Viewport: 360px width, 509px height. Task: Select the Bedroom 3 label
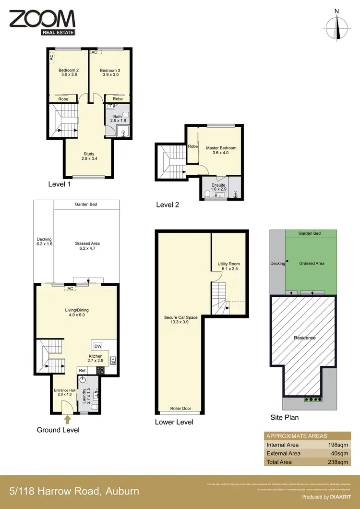point(110,73)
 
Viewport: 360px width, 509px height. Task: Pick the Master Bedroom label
point(221,151)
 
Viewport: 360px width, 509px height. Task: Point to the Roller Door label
point(180,409)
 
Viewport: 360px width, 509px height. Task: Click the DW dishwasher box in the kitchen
point(98,346)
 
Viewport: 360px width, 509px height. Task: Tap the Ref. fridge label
point(83,371)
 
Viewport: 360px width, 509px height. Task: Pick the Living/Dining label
point(78,313)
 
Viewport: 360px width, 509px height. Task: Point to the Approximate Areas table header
point(297,436)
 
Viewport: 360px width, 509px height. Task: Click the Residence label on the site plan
point(305,338)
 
